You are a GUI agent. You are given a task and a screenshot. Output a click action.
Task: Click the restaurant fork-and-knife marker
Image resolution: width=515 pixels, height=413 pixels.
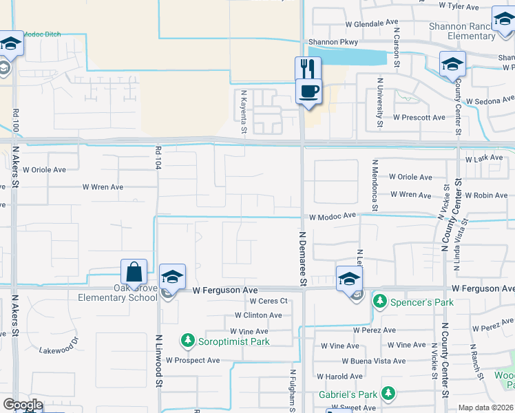(x=308, y=69)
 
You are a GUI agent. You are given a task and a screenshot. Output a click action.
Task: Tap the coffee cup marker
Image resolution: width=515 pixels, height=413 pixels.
(x=308, y=91)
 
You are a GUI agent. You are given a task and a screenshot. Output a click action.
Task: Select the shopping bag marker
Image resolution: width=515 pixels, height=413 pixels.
(x=134, y=272)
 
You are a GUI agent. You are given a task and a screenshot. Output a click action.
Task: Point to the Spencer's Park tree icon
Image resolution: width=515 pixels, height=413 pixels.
(x=379, y=301)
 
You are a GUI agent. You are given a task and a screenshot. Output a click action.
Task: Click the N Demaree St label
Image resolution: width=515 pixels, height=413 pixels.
(x=302, y=258)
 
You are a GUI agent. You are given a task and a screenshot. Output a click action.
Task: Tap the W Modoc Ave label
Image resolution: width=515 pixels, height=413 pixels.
(x=332, y=216)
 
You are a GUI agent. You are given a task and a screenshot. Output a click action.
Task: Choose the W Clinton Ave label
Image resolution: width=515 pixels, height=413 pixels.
(x=257, y=315)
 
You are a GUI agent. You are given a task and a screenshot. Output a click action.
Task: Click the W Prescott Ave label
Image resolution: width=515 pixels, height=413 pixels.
(x=419, y=118)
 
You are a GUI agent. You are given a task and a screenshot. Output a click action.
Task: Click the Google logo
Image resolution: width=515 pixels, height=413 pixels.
(x=23, y=405)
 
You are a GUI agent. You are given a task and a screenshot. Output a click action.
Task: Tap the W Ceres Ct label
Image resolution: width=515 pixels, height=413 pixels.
(x=268, y=301)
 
